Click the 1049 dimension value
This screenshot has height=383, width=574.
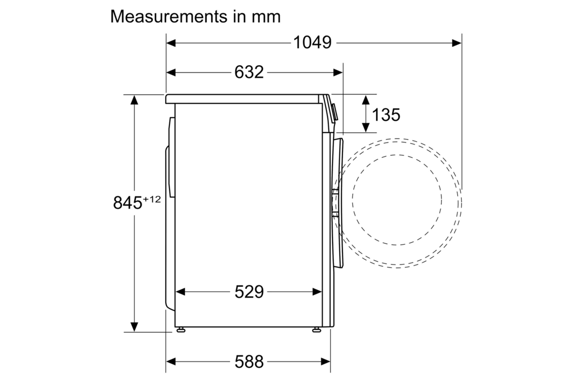tap(312, 43)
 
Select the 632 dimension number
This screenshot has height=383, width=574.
tap(249, 72)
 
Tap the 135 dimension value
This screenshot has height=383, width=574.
tap(386, 115)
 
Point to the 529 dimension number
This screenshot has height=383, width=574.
tap(249, 292)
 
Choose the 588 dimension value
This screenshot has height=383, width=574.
tap(249, 362)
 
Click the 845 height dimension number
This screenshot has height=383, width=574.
tap(127, 203)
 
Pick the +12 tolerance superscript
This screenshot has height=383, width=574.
tap(152, 199)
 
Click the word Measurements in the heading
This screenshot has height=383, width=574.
tap(169, 17)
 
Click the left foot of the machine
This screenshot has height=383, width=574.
tap(181, 330)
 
